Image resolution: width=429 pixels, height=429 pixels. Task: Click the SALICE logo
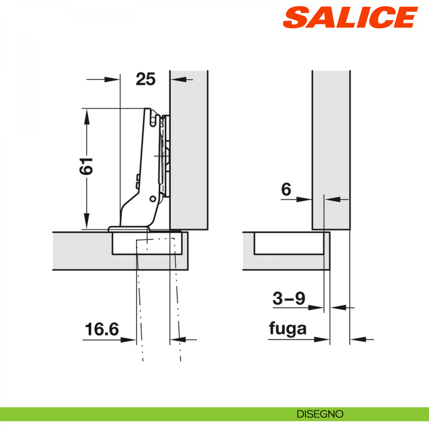350,18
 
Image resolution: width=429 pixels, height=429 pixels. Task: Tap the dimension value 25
146,79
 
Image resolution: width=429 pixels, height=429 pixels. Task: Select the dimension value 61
86,166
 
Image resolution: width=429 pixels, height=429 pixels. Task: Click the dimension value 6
286,190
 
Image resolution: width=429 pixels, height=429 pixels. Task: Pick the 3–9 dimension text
289,299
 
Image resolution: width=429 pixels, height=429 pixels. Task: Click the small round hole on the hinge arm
153,199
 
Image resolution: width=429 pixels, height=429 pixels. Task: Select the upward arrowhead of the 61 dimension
87,117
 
